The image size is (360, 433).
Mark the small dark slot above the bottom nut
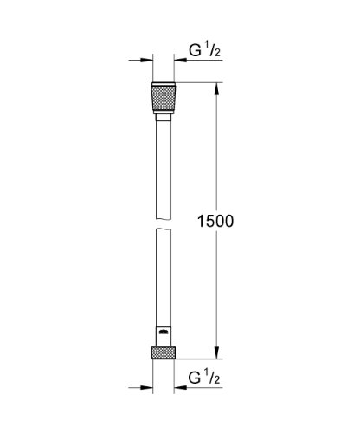(x=164, y=331)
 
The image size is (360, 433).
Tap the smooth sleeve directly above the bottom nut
(x=164, y=337)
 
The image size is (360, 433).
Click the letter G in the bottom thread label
(x=196, y=378)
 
